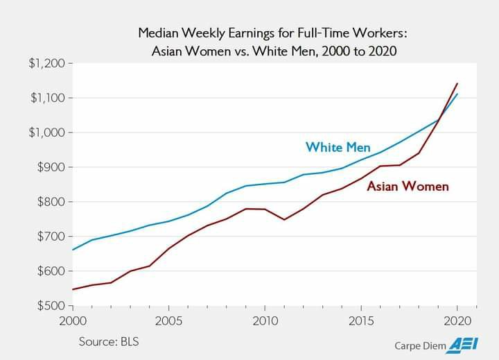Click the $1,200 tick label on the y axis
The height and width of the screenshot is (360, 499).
tap(46, 64)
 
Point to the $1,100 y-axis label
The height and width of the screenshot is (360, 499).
tap(46, 98)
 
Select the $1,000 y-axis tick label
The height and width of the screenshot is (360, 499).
tap(46, 132)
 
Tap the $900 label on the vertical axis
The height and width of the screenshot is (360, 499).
tap(50, 167)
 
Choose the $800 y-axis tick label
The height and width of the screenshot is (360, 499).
tap(50, 202)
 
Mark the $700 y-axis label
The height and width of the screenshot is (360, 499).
tap(50, 237)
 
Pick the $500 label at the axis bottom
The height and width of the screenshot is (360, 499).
tap(50, 305)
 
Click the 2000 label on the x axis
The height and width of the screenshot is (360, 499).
tap(73, 321)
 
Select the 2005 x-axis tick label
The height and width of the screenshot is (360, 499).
tap(168, 321)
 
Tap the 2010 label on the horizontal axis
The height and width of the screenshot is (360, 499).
tap(265, 321)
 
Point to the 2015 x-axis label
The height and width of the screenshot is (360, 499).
tap(361, 321)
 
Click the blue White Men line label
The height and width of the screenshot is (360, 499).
tap(338, 147)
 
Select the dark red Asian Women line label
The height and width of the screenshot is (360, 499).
tap(408, 186)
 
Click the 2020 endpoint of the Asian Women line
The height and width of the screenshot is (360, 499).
tap(457, 83)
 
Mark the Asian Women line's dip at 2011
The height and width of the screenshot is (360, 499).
tap(284, 219)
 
